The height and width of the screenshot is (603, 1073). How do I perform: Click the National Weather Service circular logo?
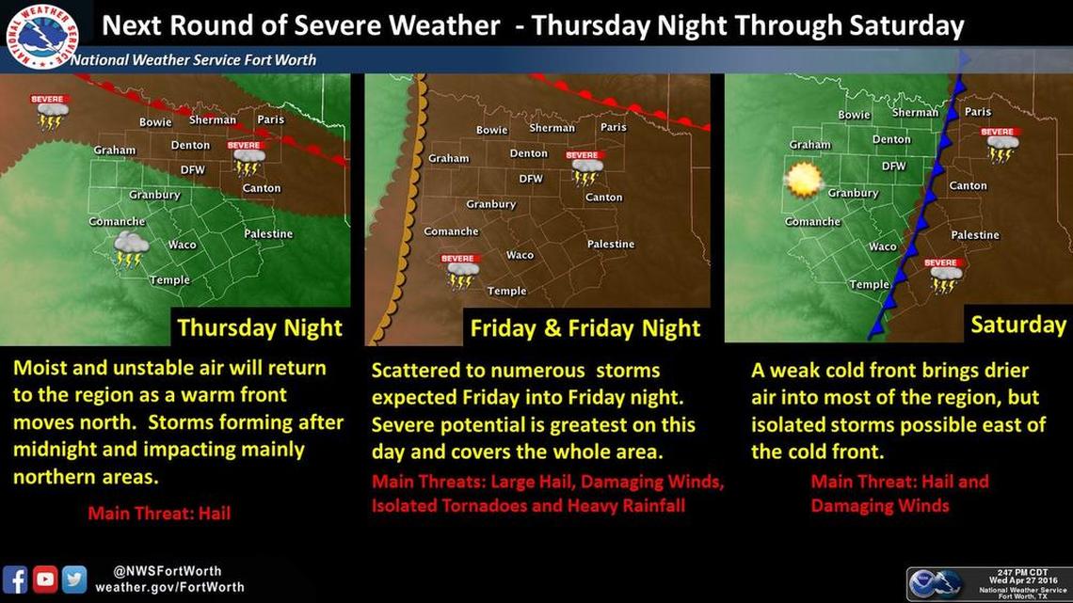pyautogui.click(x=40, y=36)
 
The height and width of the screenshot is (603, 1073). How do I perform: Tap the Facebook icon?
pyautogui.click(x=15, y=578)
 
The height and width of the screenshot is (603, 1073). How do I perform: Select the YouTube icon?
pyautogui.click(x=45, y=578)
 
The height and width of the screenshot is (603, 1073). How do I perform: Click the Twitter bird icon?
pyautogui.click(x=74, y=578)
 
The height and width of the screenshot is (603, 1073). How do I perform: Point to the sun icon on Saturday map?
pyautogui.click(x=803, y=179)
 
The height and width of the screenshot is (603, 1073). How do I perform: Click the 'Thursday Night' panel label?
pyautogui.click(x=260, y=328)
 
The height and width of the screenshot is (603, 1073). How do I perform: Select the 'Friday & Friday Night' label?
pyautogui.click(x=585, y=328)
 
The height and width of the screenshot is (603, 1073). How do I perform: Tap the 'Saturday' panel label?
pyautogui.click(x=1017, y=325)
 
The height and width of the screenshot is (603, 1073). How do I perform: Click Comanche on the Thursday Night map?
pyautogui.click(x=117, y=221)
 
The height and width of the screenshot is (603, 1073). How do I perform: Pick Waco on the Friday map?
pyautogui.click(x=520, y=255)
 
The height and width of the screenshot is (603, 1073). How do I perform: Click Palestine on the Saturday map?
pyautogui.click(x=975, y=234)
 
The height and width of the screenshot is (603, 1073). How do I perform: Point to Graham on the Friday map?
pyautogui.click(x=448, y=158)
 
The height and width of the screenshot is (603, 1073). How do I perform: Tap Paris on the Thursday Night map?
pyautogui.click(x=270, y=119)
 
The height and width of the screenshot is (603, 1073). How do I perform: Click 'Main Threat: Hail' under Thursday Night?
pyautogui.click(x=159, y=514)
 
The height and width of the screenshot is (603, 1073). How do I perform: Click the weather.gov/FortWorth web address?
pyautogui.click(x=169, y=587)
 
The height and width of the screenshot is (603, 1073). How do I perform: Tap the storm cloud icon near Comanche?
pyautogui.click(x=130, y=248)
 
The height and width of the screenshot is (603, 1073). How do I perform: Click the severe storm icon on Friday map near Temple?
pyautogui.click(x=460, y=271)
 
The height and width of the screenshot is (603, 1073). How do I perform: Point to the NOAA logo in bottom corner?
pyautogui.click(x=933, y=583)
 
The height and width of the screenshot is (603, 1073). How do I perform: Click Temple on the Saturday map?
pyautogui.click(x=868, y=284)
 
